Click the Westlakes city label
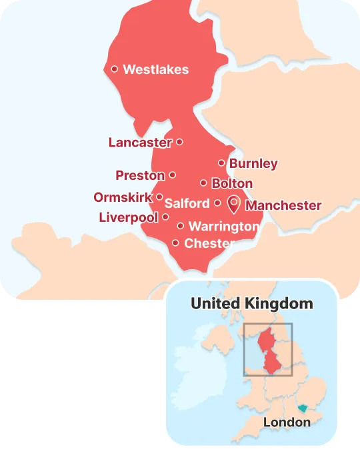[x=156, y=69]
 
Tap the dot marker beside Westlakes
[x=115, y=69]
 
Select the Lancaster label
[x=140, y=143]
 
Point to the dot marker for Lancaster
[x=179, y=142]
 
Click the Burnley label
[x=253, y=163]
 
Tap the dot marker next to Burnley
[x=221, y=163]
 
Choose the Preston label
[x=140, y=176]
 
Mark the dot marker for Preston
[x=172, y=175]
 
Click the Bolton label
[x=231, y=183]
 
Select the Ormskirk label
[x=123, y=197]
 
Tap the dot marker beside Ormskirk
[x=159, y=197]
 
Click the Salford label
[x=187, y=203]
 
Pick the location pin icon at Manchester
[x=234, y=203]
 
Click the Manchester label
[x=283, y=205]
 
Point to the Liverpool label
[x=128, y=217]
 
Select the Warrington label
[x=223, y=226]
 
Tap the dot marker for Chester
[x=175, y=243]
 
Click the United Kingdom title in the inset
[x=251, y=304]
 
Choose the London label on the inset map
[x=287, y=422]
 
